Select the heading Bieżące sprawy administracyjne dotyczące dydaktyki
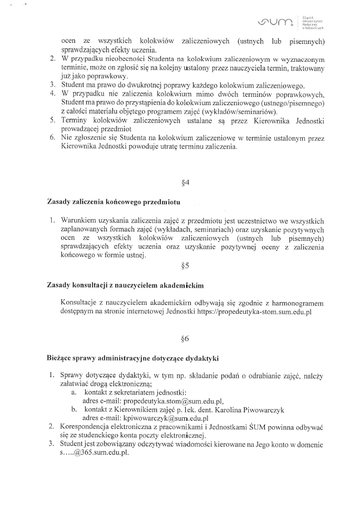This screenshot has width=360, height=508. (x=134, y=358)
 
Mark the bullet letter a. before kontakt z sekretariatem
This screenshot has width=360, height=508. (x=74, y=392)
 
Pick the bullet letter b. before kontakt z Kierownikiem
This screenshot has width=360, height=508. (x=74, y=410)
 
